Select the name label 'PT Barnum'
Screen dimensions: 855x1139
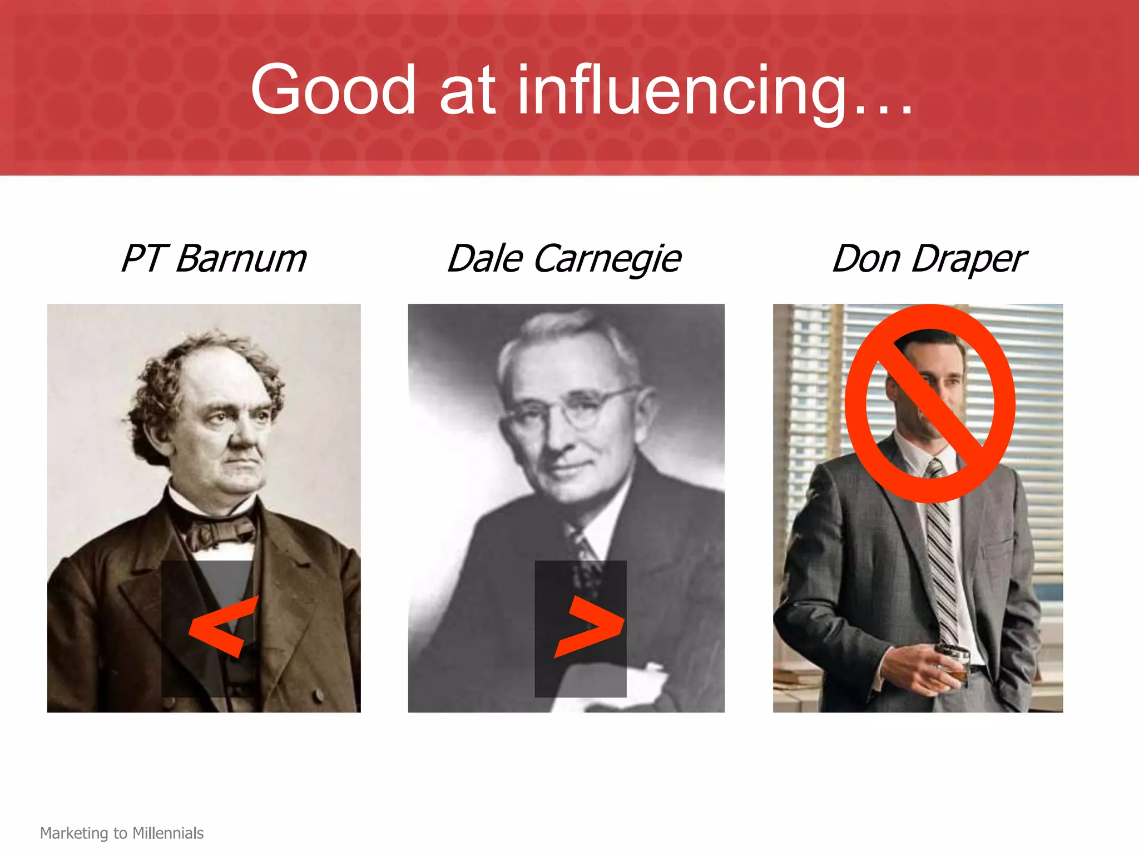pyautogui.click(x=214, y=259)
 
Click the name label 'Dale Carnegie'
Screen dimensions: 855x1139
pyautogui.click(x=564, y=259)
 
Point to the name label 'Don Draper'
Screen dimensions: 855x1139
pyautogui.click(x=929, y=259)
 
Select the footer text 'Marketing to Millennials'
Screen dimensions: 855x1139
pyautogui.click(x=122, y=833)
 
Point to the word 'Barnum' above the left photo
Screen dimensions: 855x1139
pyautogui.click(x=241, y=259)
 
